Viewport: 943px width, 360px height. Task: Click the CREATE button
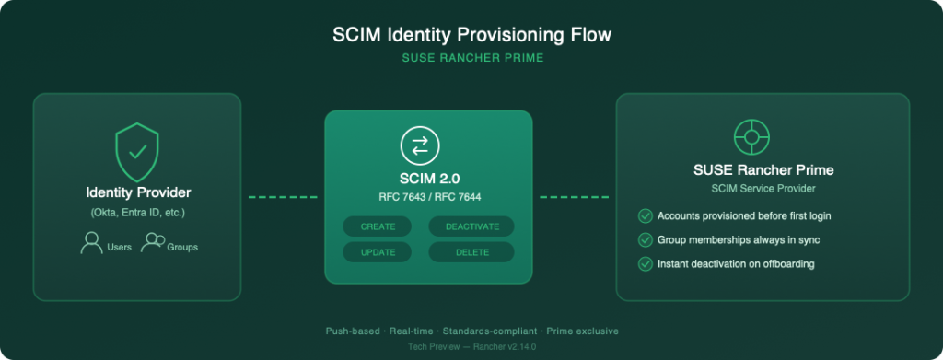378,226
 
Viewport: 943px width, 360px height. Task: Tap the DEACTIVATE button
471,226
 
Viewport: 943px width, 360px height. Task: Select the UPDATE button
378,252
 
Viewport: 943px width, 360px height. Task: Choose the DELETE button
471,252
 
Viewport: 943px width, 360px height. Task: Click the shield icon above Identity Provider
137,151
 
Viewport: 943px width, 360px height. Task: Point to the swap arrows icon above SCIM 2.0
420,145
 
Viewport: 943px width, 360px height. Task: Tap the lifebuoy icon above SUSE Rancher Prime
751,139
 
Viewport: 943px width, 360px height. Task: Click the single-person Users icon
91,244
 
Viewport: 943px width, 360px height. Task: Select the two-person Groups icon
152,244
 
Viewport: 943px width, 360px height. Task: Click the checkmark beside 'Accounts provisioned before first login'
645,216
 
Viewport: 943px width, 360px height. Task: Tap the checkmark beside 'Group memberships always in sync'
645,240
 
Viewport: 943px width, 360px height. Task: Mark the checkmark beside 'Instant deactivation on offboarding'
645,264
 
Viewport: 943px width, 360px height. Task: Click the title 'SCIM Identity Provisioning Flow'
471,36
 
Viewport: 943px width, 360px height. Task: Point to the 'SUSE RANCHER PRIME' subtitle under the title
471,58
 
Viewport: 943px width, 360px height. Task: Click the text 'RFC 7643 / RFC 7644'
429,196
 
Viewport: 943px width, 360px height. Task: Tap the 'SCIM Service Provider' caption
763,188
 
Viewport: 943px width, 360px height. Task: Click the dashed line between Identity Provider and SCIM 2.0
283,196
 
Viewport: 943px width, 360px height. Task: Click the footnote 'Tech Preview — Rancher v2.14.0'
471,347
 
